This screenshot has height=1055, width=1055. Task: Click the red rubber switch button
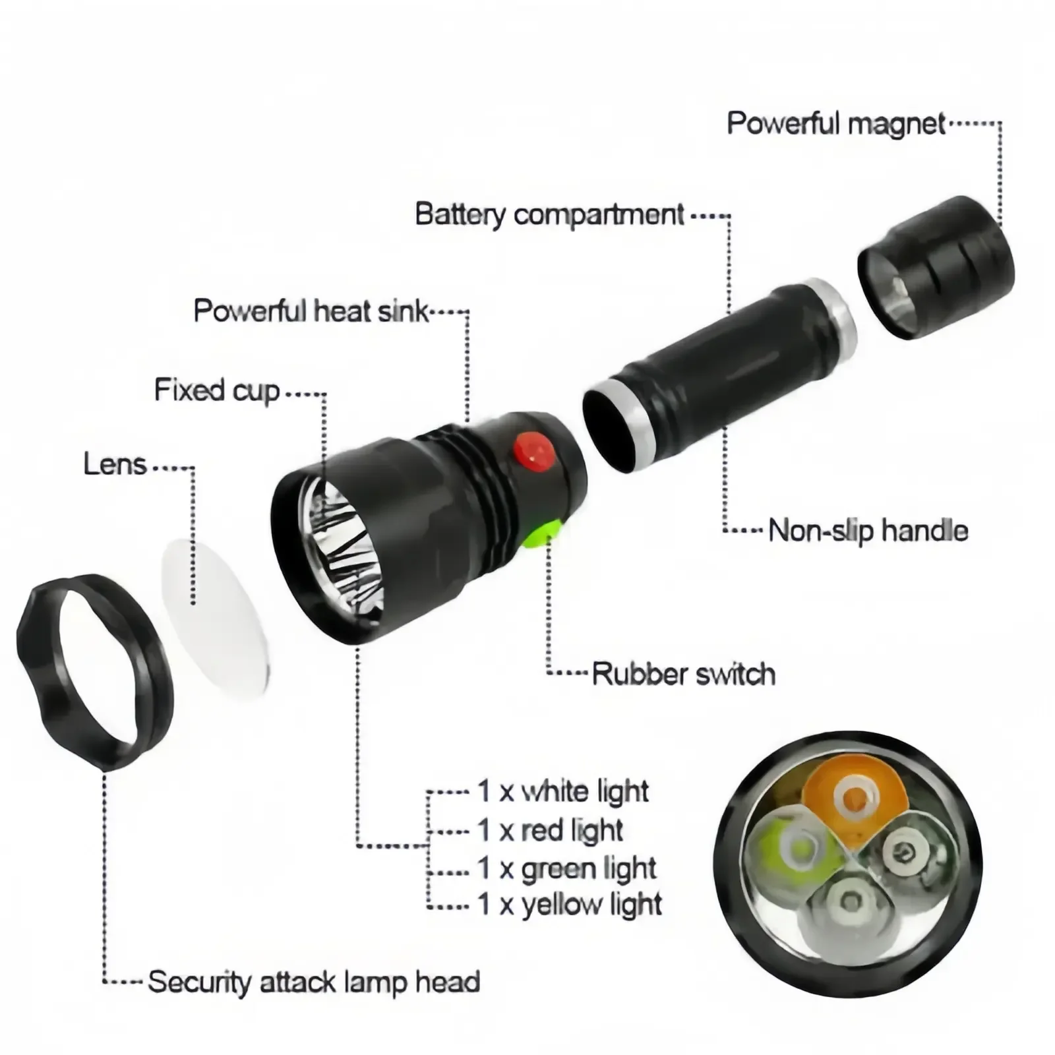tap(534, 452)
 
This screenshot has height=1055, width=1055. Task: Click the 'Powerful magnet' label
tap(835, 124)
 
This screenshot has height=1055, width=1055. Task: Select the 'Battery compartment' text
tap(549, 215)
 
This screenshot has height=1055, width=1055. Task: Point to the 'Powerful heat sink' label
tap(311, 311)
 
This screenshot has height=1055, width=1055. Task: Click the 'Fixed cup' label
tap(217, 390)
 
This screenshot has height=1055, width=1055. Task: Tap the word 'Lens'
tap(115, 465)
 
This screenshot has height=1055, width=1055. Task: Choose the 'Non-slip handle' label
tap(868, 531)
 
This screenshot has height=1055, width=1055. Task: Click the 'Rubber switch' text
tap(683, 674)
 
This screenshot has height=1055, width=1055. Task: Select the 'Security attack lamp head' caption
tap(314, 982)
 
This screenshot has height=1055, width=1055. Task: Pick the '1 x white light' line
tap(562, 791)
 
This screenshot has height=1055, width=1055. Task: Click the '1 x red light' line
tap(550, 831)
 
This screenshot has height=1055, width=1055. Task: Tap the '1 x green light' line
tap(566, 869)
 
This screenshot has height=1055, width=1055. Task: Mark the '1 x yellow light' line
tap(569, 905)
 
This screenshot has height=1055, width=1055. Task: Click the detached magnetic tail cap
tap(936, 267)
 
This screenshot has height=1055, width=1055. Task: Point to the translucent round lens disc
tap(216, 617)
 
